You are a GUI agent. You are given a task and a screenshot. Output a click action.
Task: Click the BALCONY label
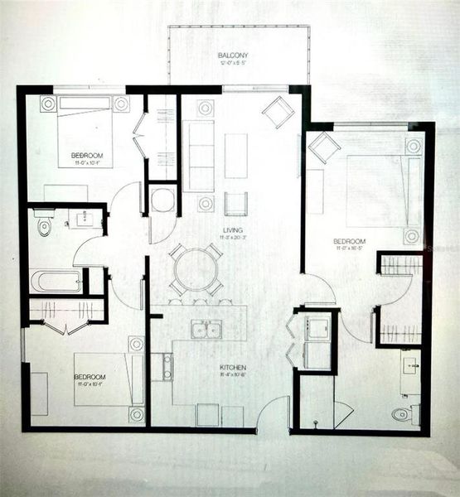coord(233,55)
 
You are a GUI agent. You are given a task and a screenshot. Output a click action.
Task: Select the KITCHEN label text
coord(210,367)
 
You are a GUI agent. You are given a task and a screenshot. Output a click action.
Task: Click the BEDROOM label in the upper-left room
coord(86,157)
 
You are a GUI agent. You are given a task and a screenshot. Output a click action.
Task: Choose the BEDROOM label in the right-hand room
coord(350,239)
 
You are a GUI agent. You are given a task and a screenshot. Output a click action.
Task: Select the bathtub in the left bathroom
coord(56,281)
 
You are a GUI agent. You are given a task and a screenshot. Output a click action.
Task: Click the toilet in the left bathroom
coord(43,224)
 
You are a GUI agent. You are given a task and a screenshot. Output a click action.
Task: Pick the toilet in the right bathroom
coord(402,413)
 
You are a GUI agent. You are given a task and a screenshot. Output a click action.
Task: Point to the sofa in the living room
coord(198,155)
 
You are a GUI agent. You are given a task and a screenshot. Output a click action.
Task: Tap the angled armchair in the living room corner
coord(278,112)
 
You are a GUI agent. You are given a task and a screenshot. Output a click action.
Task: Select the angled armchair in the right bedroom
coord(323,148)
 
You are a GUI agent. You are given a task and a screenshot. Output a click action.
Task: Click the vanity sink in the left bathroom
coord(85,220)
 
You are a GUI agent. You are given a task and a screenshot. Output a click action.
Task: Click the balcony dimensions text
coord(233,64)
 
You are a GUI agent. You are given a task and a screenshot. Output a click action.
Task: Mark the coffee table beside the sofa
coord(235,155)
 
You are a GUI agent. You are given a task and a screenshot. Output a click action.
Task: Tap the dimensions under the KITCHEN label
coord(210,375)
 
